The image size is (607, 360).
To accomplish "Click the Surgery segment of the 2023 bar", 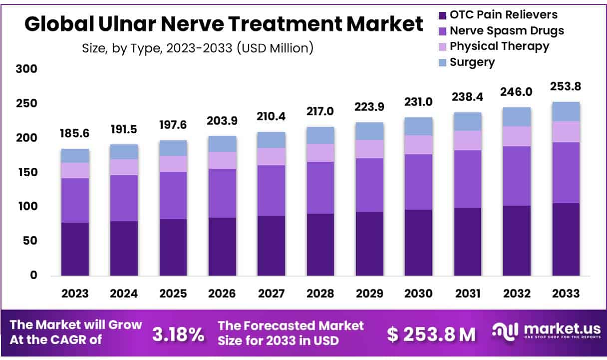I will coord(75,156).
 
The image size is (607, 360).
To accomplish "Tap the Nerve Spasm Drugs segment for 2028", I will coord(320,188).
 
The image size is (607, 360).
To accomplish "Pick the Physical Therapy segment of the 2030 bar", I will coord(419,145).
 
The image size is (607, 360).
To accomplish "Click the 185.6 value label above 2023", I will coord(75,134).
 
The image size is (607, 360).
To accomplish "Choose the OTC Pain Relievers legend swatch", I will coord(442,15).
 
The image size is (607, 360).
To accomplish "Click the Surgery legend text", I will coord(472,62).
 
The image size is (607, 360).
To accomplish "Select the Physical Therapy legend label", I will coord(499,46).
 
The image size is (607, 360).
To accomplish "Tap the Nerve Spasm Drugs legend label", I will coord(507,30).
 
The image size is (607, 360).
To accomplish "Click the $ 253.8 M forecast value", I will coord(432,335).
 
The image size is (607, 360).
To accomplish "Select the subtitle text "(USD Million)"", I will coord(275,48).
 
